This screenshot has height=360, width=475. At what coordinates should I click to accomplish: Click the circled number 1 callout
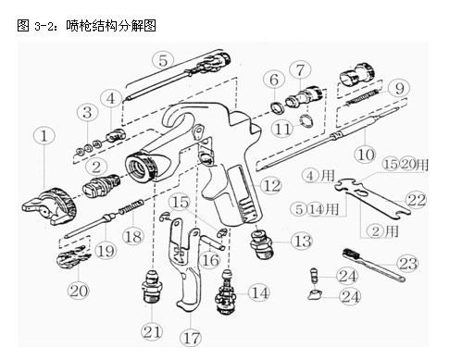44,136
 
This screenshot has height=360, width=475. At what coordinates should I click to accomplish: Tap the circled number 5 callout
163,59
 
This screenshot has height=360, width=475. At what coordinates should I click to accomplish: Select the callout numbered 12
271,185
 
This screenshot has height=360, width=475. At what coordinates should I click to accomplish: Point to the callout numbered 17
191,337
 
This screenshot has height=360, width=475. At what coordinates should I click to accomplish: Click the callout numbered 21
152,332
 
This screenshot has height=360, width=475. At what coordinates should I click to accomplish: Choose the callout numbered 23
408,263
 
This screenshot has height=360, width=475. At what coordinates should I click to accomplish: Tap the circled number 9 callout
399,88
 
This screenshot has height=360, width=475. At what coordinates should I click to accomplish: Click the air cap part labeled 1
49,205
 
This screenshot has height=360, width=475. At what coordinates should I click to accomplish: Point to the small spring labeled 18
131,206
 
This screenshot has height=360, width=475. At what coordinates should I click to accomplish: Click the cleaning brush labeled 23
373,265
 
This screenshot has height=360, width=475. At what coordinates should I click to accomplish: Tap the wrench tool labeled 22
373,198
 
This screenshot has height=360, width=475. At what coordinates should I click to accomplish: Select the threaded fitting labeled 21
152,287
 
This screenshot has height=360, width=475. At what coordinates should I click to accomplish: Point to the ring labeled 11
306,120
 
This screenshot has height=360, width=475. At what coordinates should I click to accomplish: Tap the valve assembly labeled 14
227,292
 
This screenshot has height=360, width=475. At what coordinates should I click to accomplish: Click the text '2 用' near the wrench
383,231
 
